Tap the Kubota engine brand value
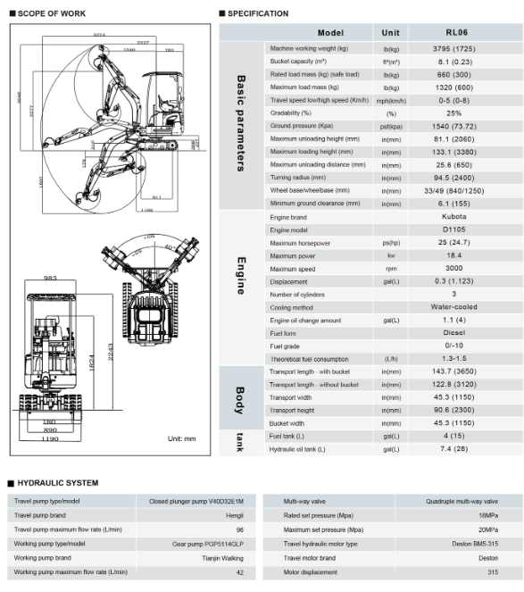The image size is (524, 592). (x=453, y=217)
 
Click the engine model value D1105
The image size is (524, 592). (x=453, y=230)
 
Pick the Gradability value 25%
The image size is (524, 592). (x=453, y=113)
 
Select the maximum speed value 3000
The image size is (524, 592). (x=453, y=269)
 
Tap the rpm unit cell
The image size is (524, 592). (x=390, y=269)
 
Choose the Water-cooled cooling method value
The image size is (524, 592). (x=453, y=307)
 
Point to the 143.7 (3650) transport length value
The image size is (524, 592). (x=453, y=371)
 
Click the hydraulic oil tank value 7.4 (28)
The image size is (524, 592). (x=453, y=449)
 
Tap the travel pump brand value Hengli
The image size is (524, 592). (x=234, y=515)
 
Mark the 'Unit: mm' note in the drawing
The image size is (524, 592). (x=181, y=439)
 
